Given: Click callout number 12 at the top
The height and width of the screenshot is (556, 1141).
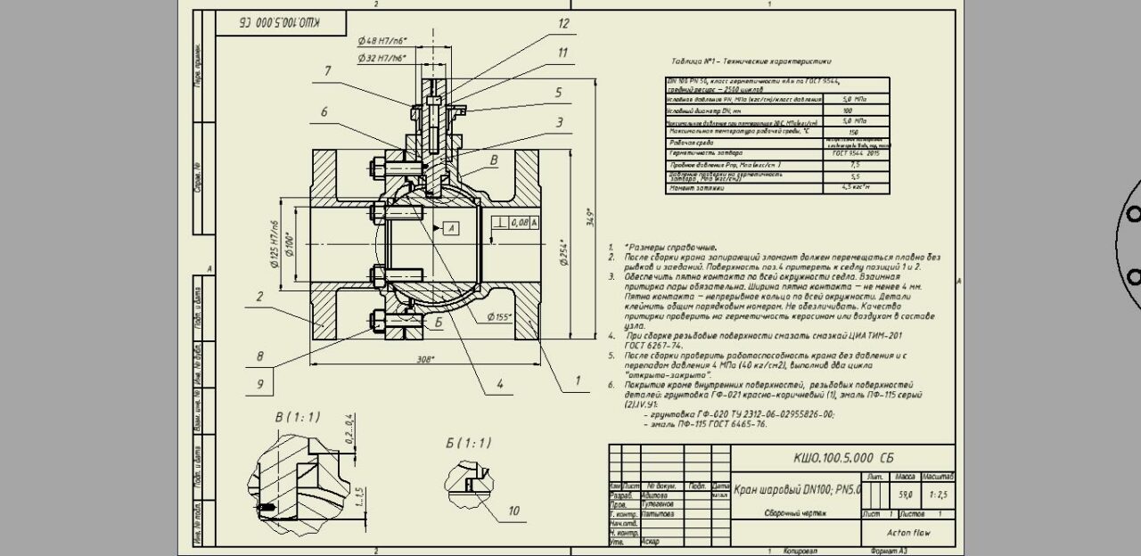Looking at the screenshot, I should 562,24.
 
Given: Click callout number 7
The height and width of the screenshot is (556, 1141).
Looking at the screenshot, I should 328,71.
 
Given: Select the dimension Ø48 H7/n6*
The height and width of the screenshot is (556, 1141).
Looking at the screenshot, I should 381,42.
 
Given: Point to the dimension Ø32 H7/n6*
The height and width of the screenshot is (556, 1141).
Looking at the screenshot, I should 381,58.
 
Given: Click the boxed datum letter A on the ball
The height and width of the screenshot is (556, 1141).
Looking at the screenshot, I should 451,229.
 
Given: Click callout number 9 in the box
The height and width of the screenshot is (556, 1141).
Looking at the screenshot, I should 260,384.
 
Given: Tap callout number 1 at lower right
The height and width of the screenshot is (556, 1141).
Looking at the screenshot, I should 577,380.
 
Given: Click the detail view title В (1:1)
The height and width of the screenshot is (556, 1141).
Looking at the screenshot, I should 298,417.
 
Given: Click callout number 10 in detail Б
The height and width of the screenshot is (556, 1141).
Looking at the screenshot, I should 513,511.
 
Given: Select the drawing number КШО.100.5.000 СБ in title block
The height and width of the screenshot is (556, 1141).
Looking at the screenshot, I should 843,458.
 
